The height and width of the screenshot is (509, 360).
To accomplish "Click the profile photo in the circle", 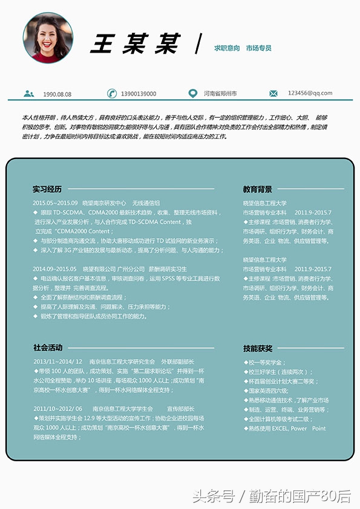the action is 48,38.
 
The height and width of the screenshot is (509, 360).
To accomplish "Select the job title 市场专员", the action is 258,48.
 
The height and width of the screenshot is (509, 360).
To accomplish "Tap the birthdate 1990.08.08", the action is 57,94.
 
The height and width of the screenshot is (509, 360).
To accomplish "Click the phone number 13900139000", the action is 139,94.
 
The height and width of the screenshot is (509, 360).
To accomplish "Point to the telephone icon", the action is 111,93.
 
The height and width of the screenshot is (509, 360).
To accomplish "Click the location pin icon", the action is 192,93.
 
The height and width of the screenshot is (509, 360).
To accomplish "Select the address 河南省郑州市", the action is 220,94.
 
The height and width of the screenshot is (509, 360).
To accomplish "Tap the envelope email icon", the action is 273,93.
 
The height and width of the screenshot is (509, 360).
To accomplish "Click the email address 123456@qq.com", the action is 310,93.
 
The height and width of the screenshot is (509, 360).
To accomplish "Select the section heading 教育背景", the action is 257,189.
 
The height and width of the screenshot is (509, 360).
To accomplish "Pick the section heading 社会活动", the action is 48,348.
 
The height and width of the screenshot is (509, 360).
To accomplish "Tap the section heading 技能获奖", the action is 257,348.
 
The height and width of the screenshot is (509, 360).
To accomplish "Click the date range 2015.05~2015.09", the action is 55,203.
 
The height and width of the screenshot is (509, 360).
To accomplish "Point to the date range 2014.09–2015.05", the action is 54,268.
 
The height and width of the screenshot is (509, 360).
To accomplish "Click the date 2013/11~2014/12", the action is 57,361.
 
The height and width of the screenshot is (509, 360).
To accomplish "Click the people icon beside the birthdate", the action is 28,94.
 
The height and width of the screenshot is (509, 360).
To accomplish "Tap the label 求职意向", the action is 227,48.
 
